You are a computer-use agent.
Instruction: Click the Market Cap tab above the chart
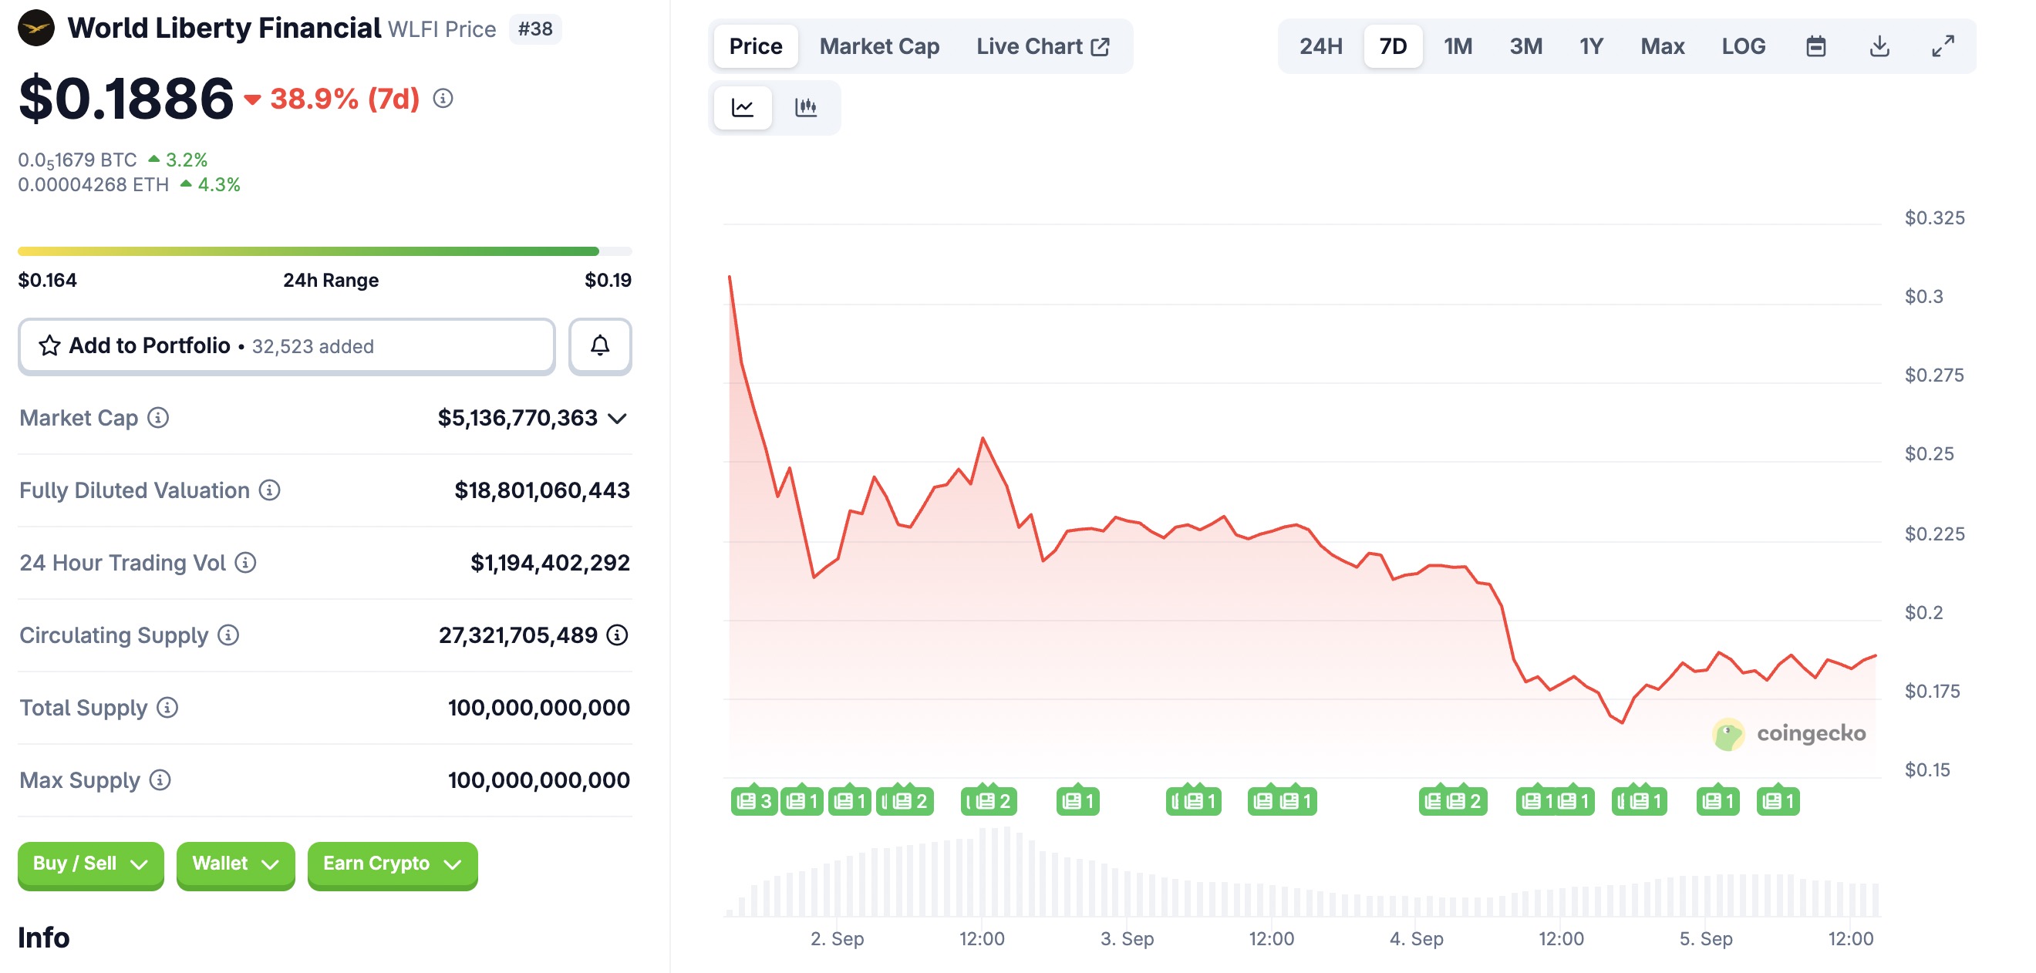pos(879,46)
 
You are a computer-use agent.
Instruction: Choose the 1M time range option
pos(1458,46)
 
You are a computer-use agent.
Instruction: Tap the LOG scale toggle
pos(1743,46)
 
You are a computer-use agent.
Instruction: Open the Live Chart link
pos(1042,46)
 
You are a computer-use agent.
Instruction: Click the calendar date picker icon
pos(1815,46)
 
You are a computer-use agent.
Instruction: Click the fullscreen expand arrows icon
pos(1943,46)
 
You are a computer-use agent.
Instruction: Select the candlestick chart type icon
pos(805,107)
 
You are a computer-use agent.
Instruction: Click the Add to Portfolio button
pos(286,345)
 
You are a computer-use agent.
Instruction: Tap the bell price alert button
pos(600,345)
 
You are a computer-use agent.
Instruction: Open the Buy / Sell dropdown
pos(90,864)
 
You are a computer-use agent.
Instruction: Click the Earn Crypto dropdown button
pos(392,864)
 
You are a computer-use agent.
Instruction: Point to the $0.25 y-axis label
pos(1929,453)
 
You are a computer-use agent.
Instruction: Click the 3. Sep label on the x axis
pos(1126,938)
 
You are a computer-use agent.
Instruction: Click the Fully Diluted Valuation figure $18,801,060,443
pos(541,490)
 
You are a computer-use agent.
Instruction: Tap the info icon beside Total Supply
pos(167,708)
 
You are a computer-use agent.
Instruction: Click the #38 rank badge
pos(535,29)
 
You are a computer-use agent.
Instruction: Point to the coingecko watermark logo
pos(1788,733)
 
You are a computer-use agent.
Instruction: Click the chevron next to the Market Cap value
pos(617,418)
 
